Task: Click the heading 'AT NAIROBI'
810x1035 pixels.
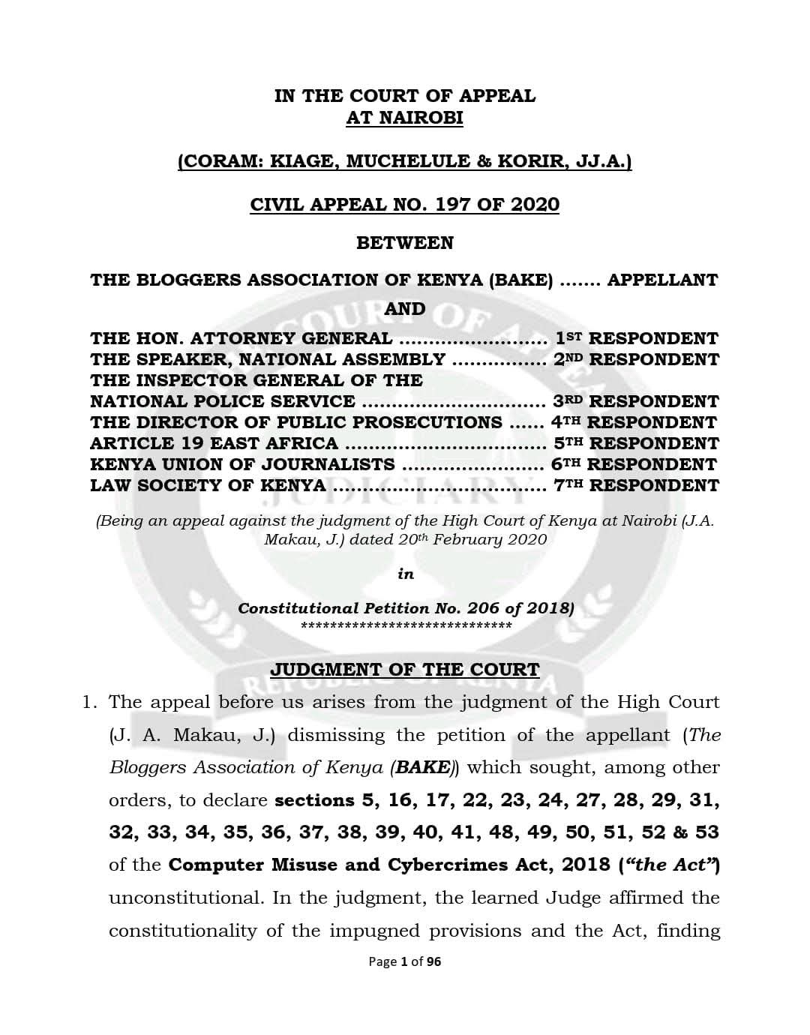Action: (x=404, y=118)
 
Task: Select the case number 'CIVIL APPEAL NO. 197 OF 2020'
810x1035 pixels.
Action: (x=404, y=204)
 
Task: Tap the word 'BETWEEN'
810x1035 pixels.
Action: (x=404, y=243)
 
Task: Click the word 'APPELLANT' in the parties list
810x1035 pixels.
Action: (x=661, y=280)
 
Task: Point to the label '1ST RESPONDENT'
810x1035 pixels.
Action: (x=636, y=338)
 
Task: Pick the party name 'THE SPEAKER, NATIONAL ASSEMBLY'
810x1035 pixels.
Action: (x=268, y=359)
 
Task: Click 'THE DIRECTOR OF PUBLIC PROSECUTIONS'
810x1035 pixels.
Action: (x=296, y=422)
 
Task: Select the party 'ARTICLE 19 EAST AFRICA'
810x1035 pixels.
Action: (x=214, y=443)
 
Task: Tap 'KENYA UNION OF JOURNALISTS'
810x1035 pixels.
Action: (x=242, y=464)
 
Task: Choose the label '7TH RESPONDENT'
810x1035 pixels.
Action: (x=636, y=485)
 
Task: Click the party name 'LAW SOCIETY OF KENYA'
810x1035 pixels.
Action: (x=208, y=485)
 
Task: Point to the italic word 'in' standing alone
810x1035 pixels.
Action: (x=406, y=574)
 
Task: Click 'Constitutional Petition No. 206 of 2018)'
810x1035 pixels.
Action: (x=406, y=608)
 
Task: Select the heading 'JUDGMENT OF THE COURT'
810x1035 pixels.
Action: (x=404, y=669)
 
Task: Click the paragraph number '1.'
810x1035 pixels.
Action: (x=90, y=702)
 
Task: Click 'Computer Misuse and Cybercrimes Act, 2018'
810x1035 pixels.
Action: (x=389, y=865)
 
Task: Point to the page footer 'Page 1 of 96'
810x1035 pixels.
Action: (x=405, y=961)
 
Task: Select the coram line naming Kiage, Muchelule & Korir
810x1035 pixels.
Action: (x=404, y=161)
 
